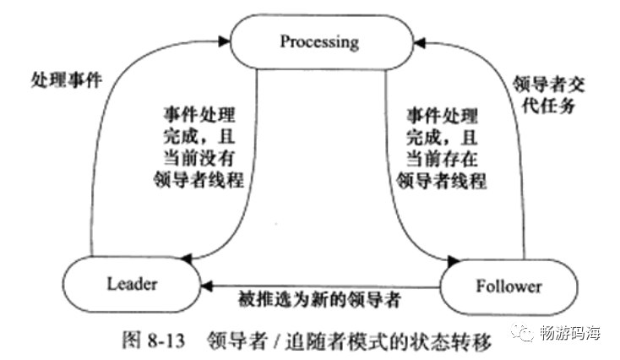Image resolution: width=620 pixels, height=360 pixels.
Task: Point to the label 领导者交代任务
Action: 554,95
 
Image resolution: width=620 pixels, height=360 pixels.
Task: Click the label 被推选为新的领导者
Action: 319,299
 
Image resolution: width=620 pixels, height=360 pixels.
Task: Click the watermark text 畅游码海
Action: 570,332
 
